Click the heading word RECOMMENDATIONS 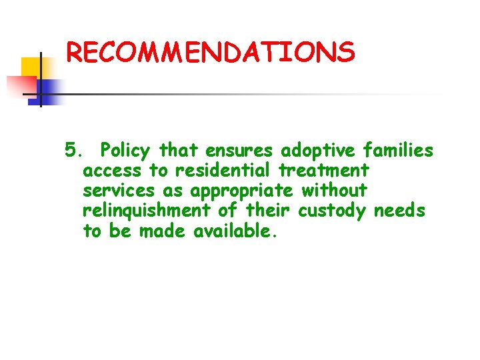[211, 52]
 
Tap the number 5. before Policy [73, 150]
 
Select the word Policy [127, 151]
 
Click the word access [112, 171]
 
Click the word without [334, 191]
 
